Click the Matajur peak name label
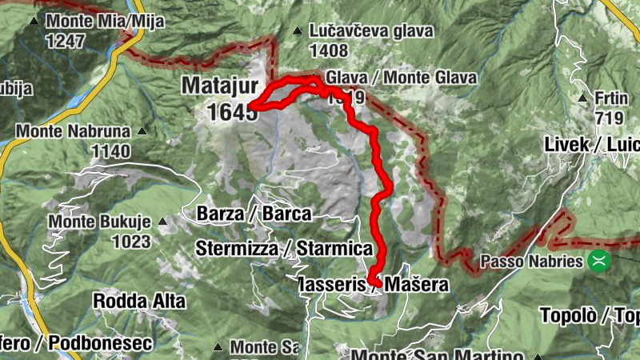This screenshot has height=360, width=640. [219, 84]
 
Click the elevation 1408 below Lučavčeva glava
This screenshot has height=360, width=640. [330, 50]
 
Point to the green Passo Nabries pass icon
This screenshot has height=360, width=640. [597, 261]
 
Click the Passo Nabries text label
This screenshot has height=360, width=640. [533, 261]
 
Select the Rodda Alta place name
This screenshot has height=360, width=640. [139, 302]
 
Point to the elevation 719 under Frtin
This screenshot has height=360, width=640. [609, 117]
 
